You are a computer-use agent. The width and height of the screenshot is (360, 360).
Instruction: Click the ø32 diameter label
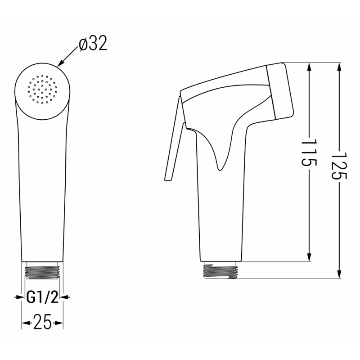click(93, 45)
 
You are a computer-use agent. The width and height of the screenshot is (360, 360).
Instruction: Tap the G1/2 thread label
click(42, 297)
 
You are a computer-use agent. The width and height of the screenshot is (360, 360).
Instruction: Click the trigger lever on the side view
click(173, 144)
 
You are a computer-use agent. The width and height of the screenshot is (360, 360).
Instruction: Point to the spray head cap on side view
click(280, 90)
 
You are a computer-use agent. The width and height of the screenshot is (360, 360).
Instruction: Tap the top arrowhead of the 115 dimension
click(310, 67)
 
